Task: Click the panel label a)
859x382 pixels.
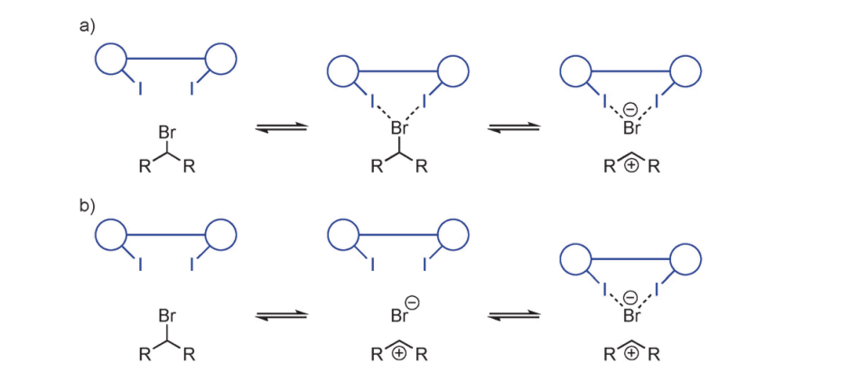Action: click(x=87, y=25)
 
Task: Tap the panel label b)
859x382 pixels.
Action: click(x=87, y=204)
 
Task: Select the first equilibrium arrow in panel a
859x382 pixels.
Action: click(x=281, y=128)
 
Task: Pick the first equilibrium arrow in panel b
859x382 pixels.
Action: click(x=281, y=316)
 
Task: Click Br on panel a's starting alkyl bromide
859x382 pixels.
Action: click(x=167, y=132)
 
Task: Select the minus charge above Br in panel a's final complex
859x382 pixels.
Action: click(x=631, y=110)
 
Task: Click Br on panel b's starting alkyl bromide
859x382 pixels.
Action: click(x=167, y=317)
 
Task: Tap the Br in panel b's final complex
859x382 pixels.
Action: click(x=631, y=315)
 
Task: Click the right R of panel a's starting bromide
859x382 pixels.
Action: click(x=189, y=168)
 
